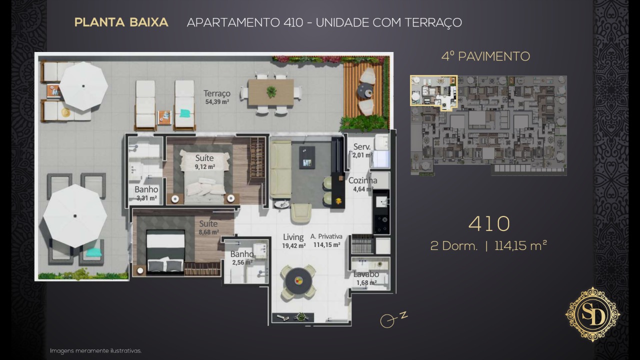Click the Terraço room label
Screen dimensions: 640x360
point(217,93)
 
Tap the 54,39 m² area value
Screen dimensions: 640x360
point(217,101)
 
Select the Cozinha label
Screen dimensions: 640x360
point(362,180)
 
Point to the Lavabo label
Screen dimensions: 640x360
point(366,274)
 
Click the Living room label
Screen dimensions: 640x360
point(293,237)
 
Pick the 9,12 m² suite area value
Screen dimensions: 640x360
point(205,167)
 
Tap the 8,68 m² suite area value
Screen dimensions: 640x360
point(209,232)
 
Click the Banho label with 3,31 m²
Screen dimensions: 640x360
point(146,189)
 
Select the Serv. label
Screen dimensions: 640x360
point(361,146)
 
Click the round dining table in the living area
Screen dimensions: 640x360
point(298,280)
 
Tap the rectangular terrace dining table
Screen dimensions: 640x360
point(271,92)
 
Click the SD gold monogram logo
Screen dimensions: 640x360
point(592,314)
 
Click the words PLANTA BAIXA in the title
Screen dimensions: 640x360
point(121,22)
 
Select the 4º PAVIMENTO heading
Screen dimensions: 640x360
point(485,56)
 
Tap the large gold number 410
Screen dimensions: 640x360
point(489,223)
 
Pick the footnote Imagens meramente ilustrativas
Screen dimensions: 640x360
point(95,350)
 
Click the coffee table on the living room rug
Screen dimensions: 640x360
point(307,157)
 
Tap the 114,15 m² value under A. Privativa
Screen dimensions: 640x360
point(326,245)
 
